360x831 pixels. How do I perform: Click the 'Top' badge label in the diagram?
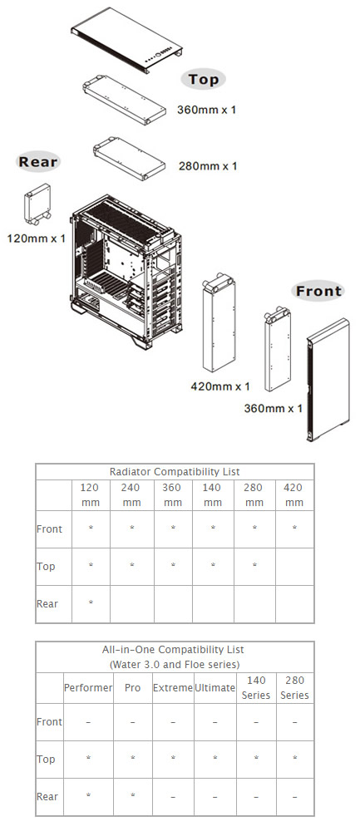(203, 80)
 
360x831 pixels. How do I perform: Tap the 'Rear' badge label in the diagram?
(38, 161)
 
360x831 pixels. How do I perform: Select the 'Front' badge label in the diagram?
(318, 291)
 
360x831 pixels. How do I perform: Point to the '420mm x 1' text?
(220, 386)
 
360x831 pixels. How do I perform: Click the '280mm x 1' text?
(208, 166)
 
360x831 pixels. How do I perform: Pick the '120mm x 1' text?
(37, 238)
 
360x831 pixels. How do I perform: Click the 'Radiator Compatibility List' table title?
(175, 471)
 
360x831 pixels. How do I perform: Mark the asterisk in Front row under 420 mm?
(293, 529)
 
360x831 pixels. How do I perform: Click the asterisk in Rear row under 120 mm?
(91, 603)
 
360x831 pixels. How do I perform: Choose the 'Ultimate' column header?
(214, 688)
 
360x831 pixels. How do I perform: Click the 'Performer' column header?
(88, 688)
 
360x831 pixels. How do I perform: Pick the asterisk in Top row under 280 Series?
(294, 760)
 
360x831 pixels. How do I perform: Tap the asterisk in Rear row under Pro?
(132, 797)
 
